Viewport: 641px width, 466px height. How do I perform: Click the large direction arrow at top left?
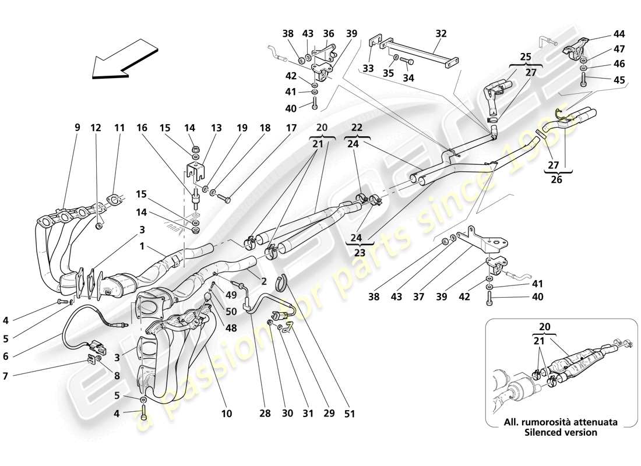click(125, 58)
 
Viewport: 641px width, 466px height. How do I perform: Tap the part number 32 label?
click(441, 34)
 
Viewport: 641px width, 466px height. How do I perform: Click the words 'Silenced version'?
click(560, 433)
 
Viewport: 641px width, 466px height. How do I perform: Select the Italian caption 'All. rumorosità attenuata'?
click(560, 422)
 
